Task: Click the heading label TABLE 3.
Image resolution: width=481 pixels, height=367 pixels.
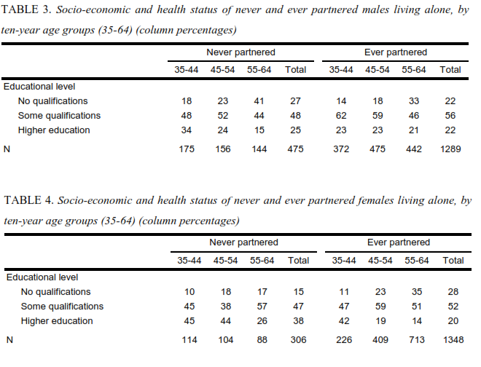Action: click(26, 9)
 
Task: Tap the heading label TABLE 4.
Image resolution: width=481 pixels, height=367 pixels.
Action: click(29, 200)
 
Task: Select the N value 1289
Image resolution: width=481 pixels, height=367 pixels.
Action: click(450, 149)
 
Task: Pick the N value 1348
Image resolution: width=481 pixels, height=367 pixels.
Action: click(453, 340)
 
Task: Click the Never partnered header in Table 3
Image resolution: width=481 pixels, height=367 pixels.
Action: click(240, 52)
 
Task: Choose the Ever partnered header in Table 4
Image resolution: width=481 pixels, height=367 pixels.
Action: click(399, 242)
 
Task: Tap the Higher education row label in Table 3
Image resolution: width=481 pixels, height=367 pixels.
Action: click(54, 130)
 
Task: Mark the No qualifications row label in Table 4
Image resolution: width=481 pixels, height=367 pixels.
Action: click(56, 292)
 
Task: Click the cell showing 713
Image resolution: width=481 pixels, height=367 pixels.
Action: click(417, 340)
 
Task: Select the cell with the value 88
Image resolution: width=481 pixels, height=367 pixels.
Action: click(262, 340)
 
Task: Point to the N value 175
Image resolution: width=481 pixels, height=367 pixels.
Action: click(187, 149)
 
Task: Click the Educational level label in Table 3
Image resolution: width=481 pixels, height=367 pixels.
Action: click(39, 87)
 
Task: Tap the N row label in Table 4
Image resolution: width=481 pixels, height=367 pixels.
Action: click(9, 340)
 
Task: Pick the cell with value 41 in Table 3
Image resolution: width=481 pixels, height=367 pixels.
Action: click(259, 101)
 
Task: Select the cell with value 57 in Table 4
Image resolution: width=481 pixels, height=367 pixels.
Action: click(262, 307)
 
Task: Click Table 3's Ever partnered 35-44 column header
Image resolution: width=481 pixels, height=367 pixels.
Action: click(341, 70)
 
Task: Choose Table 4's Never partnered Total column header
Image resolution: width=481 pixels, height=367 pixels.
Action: click(298, 261)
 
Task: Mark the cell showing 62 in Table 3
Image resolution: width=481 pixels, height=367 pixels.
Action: click(341, 116)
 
